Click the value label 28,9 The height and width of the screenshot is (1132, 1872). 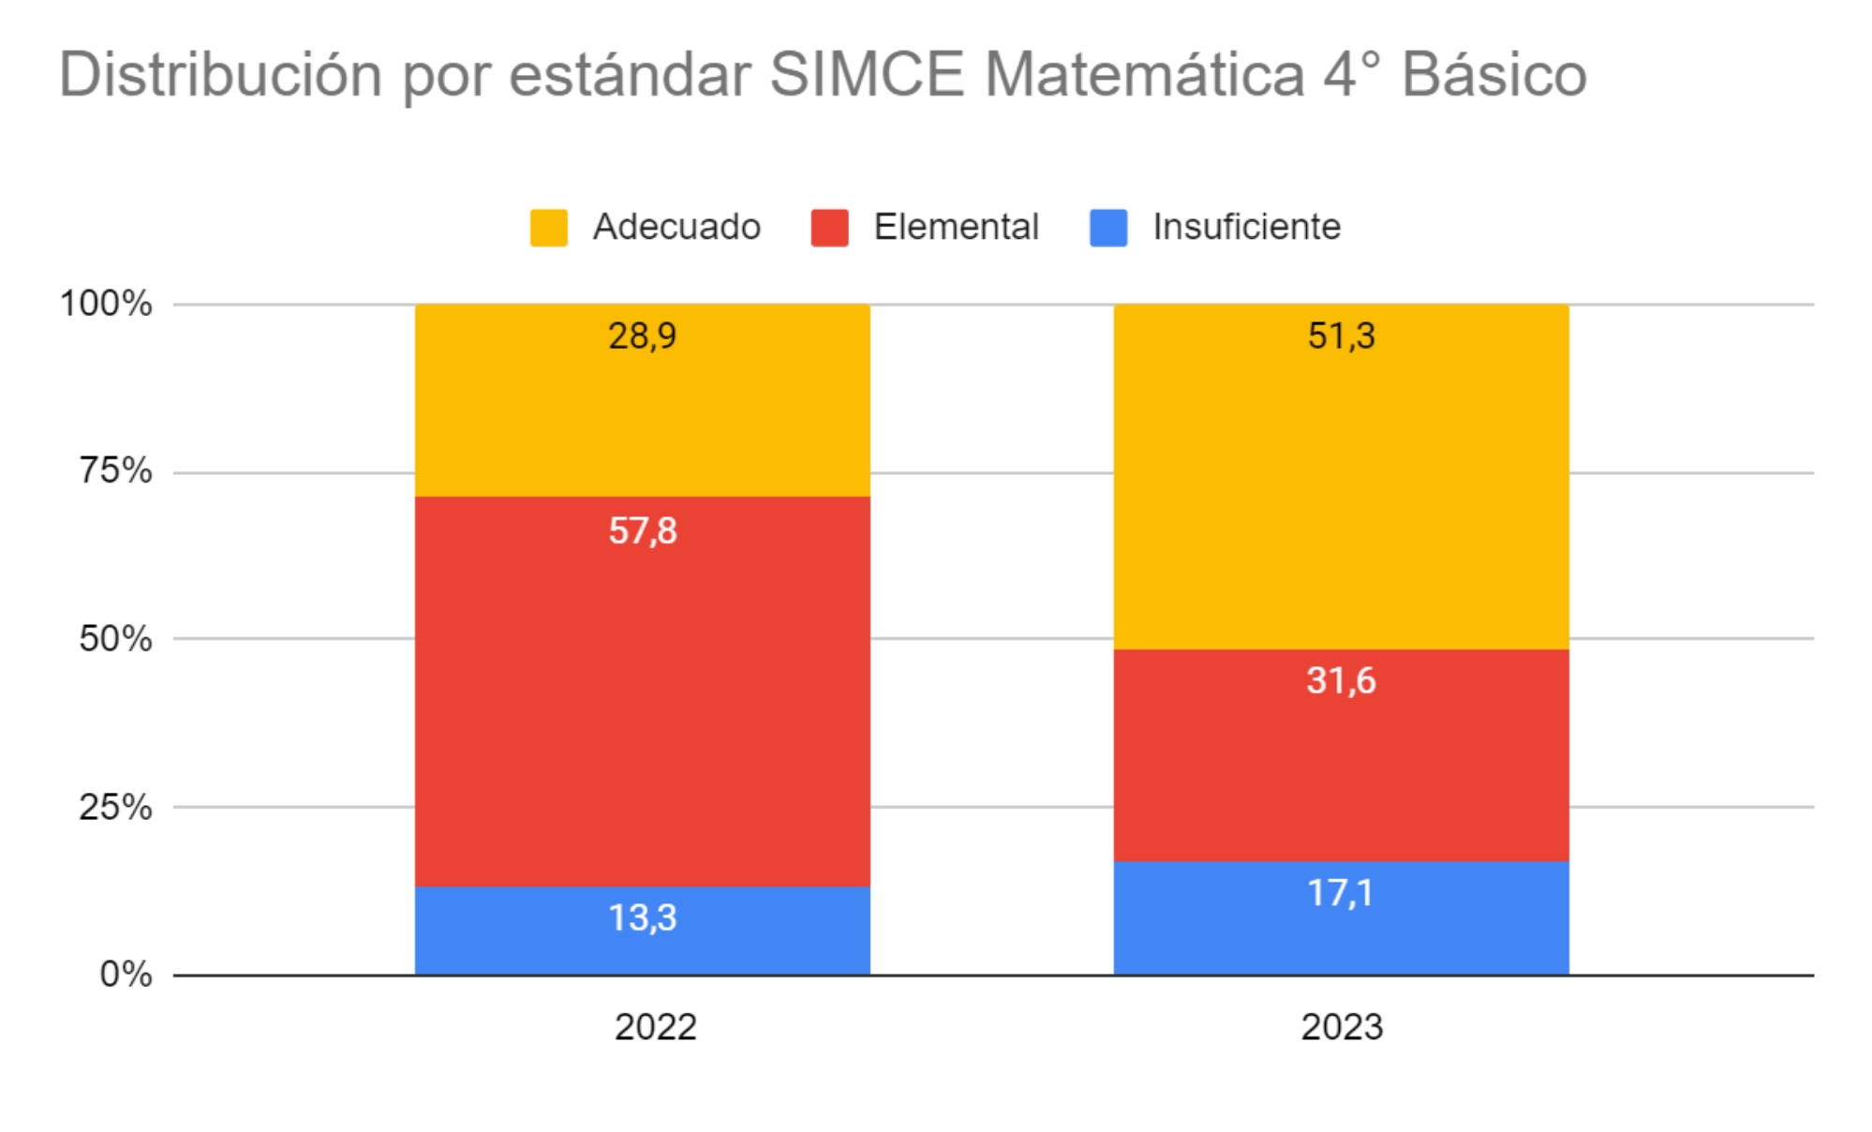tap(643, 335)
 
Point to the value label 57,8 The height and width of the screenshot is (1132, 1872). tap(643, 531)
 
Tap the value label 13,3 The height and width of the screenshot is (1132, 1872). tap(643, 917)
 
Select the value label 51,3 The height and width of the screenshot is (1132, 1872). tap(1341, 335)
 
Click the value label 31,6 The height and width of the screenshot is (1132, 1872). tap(1341, 680)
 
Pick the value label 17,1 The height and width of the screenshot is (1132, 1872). tap(1341, 893)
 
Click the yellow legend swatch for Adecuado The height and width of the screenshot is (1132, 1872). tap(549, 228)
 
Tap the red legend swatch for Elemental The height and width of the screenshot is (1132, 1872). tap(829, 228)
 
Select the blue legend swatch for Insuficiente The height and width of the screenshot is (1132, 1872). tap(1108, 228)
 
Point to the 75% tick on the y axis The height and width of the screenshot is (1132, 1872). tap(115, 470)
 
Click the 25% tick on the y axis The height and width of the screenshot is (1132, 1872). tap(115, 807)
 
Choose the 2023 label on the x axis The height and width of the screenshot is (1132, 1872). tap(1341, 1027)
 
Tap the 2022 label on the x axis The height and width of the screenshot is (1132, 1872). tap(655, 1027)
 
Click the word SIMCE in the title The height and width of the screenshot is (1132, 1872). tap(867, 74)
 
